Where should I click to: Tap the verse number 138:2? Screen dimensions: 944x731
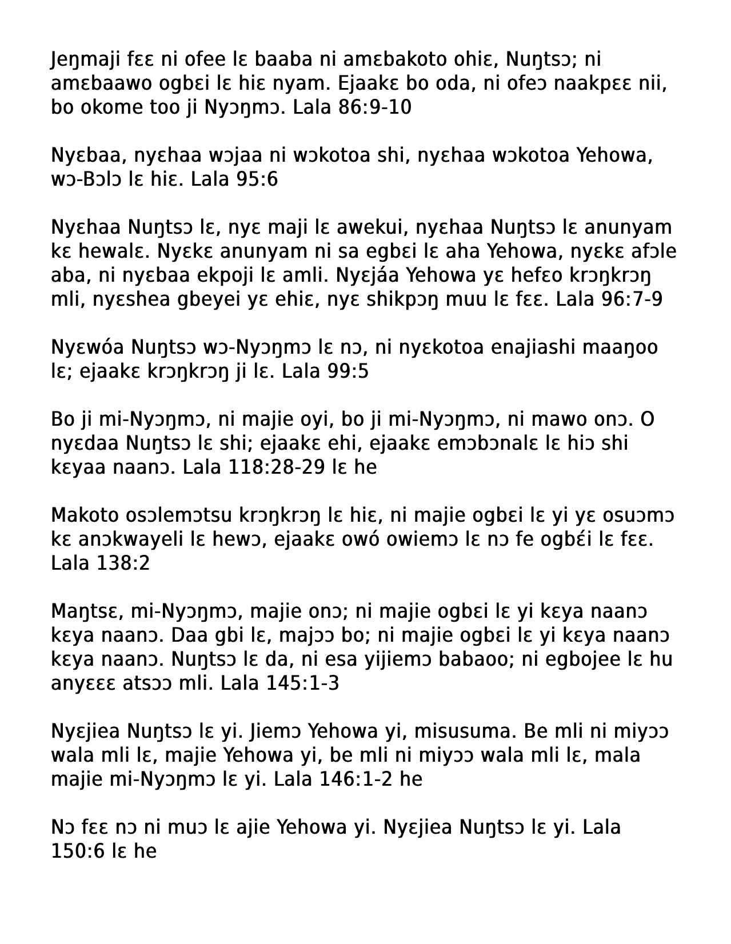click(x=123, y=563)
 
